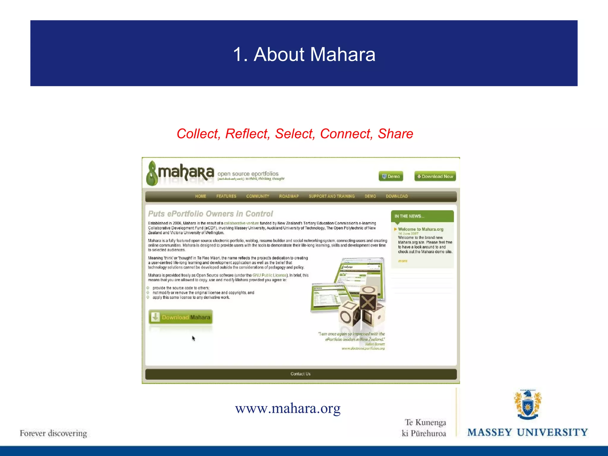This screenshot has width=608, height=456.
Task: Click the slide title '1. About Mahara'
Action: click(x=304, y=54)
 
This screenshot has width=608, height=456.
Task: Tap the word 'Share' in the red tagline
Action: click(x=395, y=134)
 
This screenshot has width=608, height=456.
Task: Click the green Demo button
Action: click(x=391, y=176)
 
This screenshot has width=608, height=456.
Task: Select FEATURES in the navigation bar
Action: click(x=226, y=196)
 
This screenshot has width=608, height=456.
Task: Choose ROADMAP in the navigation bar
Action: click(x=289, y=196)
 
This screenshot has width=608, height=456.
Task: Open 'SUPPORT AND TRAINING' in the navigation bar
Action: click(x=332, y=196)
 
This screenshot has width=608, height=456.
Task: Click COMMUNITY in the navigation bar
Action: click(x=258, y=196)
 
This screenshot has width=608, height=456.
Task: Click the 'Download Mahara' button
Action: click(x=180, y=317)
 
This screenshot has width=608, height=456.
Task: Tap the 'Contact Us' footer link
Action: click(x=300, y=374)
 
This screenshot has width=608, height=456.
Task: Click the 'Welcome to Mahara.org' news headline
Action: click(x=421, y=229)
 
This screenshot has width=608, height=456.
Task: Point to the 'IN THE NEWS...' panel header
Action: click(x=422, y=216)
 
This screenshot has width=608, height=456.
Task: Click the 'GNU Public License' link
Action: click(x=270, y=275)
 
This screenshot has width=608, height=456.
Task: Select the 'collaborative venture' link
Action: click(x=241, y=223)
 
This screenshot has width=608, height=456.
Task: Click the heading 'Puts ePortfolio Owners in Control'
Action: click(x=210, y=214)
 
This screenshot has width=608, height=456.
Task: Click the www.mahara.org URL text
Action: click(x=288, y=408)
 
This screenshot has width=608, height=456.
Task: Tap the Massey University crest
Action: click(x=528, y=404)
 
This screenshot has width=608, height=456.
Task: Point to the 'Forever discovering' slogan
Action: click(x=53, y=433)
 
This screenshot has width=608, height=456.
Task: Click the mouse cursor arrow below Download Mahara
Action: click(x=194, y=338)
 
